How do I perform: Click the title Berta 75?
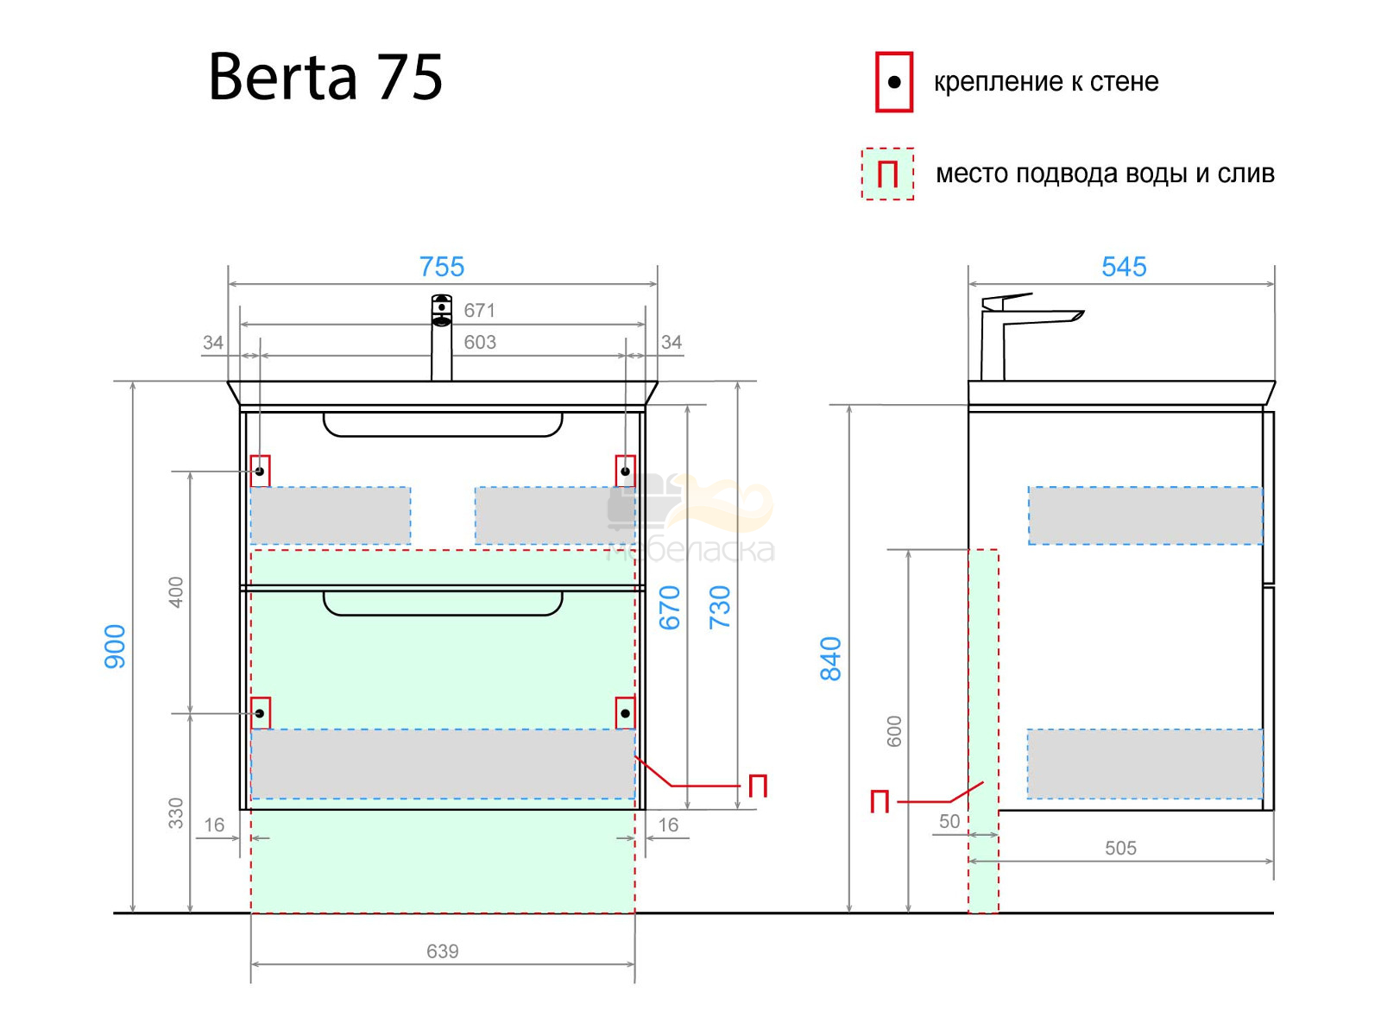pyautogui.click(x=325, y=77)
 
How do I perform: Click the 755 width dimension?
pyautogui.click(x=442, y=267)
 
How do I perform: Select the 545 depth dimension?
pyautogui.click(x=1124, y=267)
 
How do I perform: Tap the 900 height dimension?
pyautogui.click(x=115, y=646)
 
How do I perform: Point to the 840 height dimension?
pyautogui.click(x=830, y=659)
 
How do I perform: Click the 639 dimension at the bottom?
pyautogui.click(x=442, y=951)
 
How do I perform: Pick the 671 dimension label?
pyautogui.click(x=479, y=310)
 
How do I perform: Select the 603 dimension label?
pyautogui.click(x=480, y=342)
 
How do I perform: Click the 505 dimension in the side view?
pyautogui.click(x=1120, y=848)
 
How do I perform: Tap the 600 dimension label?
pyautogui.click(x=894, y=731)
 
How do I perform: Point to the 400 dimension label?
pyautogui.click(x=176, y=592)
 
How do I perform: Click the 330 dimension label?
pyautogui.click(x=176, y=813)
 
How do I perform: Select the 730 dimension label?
pyautogui.click(x=720, y=608)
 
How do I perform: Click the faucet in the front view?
pyautogui.click(x=442, y=338)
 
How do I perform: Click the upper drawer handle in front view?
pyautogui.click(x=443, y=426)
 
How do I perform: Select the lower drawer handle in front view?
pyautogui.click(x=443, y=603)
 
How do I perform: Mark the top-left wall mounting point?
pyautogui.click(x=260, y=471)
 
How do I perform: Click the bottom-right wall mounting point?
pyautogui.click(x=626, y=713)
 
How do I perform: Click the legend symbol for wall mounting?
pyautogui.click(x=894, y=82)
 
